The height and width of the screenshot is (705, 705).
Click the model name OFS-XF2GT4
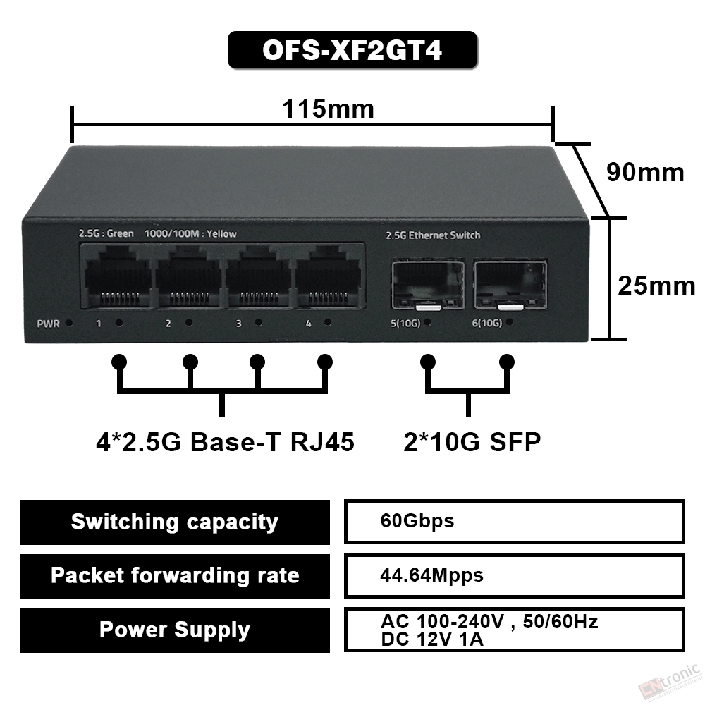click(x=352, y=50)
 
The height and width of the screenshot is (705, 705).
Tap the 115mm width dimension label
click(x=328, y=109)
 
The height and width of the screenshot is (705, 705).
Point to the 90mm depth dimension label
click(x=645, y=172)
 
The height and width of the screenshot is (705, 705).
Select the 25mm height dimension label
click(x=656, y=286)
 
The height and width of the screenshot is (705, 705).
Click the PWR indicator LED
click(x=69, y=323)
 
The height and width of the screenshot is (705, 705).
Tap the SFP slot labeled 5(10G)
click(x=428, y=285)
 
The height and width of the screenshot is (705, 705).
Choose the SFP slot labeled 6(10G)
click(x=510, y=285)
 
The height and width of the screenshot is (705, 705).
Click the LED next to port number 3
click(x=259, y=322)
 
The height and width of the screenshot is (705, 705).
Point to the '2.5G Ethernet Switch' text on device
click(x=433, y=235)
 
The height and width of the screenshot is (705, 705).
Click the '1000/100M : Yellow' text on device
click(x=190, y=234)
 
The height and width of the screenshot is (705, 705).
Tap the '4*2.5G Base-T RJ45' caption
click(x=226, y=442)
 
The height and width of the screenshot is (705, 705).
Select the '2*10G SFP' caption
click(x=472, y=442)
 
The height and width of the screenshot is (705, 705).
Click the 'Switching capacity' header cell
click(x=174, y=522)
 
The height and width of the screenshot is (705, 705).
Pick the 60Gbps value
click(x=417, y=521)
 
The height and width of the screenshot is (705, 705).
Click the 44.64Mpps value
click(x=431, y=575)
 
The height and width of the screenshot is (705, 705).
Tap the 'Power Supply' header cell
click(x=174, y=630)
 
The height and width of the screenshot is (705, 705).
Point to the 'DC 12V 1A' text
click(x=432, y=639)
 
